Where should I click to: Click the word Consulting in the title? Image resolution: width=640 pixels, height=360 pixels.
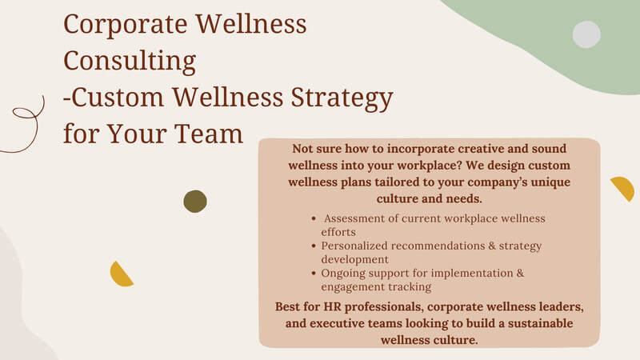[130, 62]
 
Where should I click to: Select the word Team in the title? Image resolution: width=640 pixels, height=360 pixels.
[209, 134]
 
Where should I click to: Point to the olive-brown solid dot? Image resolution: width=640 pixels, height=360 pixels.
[195, 202]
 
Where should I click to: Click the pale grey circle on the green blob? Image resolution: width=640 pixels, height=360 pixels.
[586, 34]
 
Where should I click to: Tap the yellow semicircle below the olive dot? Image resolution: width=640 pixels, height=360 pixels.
[121, 275]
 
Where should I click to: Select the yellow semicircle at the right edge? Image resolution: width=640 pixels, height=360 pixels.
[624, 188]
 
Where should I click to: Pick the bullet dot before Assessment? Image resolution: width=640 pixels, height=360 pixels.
[314, 218]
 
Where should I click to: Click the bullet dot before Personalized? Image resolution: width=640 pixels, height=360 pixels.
[314, 246]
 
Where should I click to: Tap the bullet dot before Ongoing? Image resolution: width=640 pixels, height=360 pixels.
[314, 273]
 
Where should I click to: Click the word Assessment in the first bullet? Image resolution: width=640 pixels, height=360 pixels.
[354, 218]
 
